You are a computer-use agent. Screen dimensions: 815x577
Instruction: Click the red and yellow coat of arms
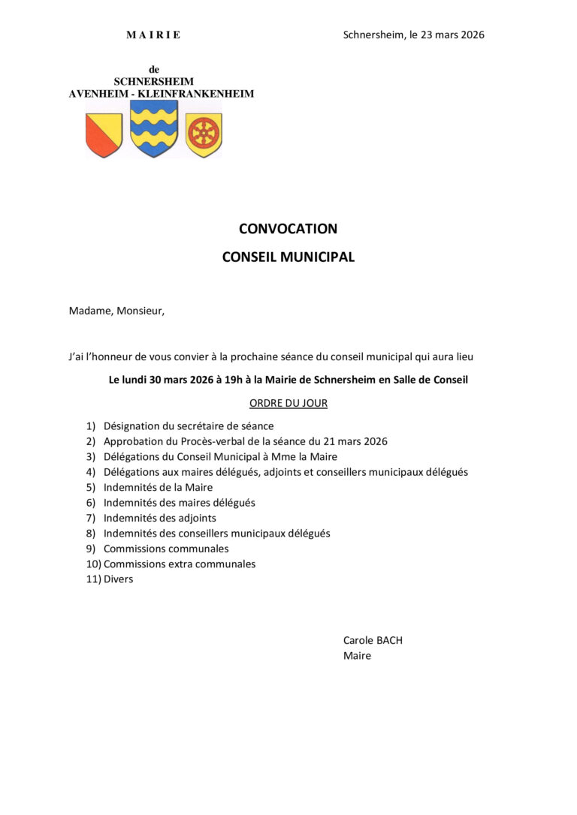pyautogui.click(x=104, y=135)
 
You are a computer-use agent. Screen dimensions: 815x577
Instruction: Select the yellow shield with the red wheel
pyautogui.click(x=204, y=135)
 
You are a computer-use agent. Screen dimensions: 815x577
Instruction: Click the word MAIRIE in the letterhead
pyautogui.click(x=153, y=35)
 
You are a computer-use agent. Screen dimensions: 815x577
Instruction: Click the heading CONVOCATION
pyautogui.click(x=288, y=229)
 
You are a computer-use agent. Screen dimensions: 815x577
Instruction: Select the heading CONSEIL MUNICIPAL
pyautogui.click(x=288, y=257)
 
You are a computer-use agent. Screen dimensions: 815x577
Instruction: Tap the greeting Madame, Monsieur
pyautogui.click(x=116, y=311)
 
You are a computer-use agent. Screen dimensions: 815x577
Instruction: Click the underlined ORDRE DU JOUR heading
pyautogui.click(x=288, y=403)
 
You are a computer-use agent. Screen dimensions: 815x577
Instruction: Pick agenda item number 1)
pyautogui.click(x=90, y=426)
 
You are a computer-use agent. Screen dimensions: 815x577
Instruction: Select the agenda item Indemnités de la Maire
pyautogui.click(x=158, y=487)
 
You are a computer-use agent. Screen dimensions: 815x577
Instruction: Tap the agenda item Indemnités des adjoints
pyautogui.click(x=159, y=518)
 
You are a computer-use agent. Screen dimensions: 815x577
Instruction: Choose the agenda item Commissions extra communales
pyautogui.click(x=180, y=564)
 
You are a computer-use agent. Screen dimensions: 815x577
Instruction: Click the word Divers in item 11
pyautogui.click(x=118, y=579)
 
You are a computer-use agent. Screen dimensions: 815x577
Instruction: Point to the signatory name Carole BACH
pyautogui.click(x=373, y=640)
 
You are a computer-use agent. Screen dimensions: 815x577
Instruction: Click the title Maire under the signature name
pyautogui.click(x=357, y=655)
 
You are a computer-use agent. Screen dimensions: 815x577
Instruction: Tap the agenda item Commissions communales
pyautogui.click(x=166, y=549)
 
